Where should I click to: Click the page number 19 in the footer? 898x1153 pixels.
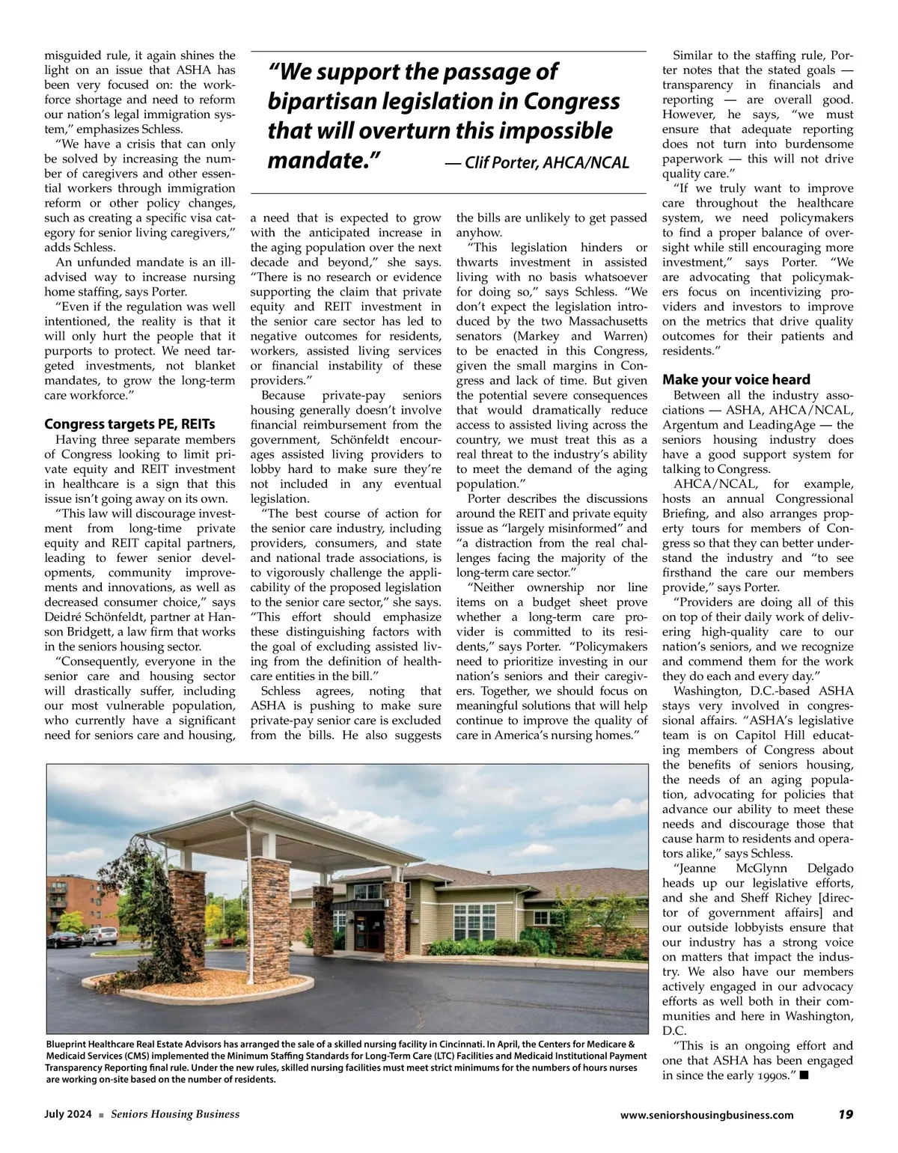point(846,1114)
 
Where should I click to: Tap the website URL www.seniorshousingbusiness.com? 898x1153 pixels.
point(707,1115)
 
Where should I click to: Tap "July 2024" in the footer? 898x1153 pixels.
point(68,1115)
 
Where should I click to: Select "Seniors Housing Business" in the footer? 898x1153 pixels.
point(175,1115)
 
